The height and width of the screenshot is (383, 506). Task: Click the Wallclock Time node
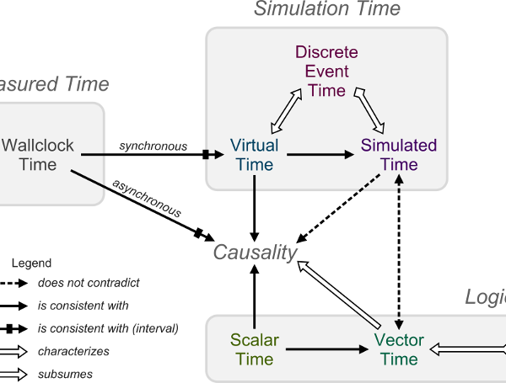pos(38,155)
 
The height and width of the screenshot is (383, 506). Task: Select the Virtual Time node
pos(254,155)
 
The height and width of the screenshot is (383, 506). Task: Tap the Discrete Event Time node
pos(326,71)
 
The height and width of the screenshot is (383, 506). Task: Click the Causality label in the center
pos(255,253)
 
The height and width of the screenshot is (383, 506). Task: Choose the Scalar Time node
pos(254,349)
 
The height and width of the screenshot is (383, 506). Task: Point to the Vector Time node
pos(399,349)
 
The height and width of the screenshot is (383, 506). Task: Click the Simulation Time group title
pos(327,9)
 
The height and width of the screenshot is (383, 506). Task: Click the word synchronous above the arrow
pos(153,146)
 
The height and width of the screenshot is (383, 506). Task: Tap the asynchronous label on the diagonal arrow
pos(144,196)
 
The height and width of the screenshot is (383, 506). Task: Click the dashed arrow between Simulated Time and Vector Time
pos(399,253)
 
